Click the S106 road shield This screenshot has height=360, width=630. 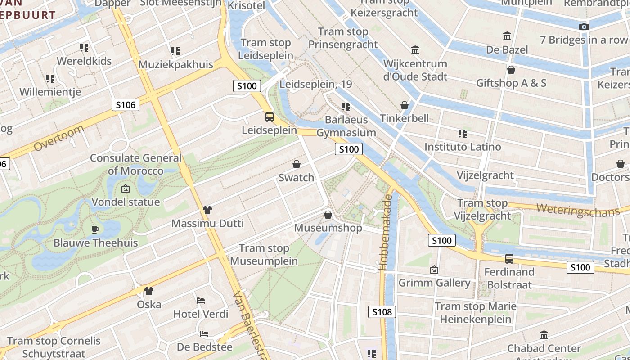pos(126,105)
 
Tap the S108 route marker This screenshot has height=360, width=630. pos(382,311)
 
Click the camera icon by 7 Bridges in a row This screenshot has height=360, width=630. pos(584,27)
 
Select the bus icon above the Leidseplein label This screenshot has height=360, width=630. pos(269,117)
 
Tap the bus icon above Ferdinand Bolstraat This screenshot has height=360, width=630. pos(509,259)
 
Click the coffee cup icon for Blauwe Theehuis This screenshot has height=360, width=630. pos(95,229)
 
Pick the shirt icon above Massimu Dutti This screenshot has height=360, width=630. pos(207,210)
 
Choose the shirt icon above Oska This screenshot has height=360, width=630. pos(149,291)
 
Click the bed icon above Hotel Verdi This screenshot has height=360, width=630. pos(201,300)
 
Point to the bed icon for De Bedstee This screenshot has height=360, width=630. pos(204,334)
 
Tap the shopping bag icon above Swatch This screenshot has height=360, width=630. pos(297,164)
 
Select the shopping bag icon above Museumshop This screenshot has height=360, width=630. pos(328,215)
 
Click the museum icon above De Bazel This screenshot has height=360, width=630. pos(507,36)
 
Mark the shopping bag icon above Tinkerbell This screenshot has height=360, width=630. pos(405,105)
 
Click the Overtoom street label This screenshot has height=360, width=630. pos(59,138)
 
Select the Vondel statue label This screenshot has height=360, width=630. pos(126,202)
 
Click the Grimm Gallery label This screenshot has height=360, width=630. pos(434,283)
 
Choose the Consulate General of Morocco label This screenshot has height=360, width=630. pos(135,164)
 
